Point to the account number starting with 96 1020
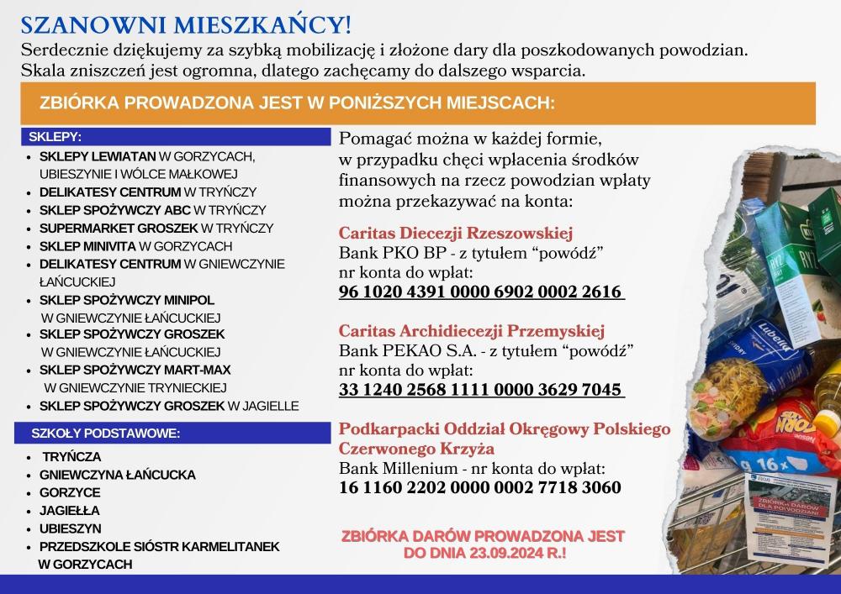click(x=481, y=292)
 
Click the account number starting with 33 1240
click(x=481, y=390)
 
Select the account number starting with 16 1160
click(x=480, y=487)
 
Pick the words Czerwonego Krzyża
click(x=416, y=449)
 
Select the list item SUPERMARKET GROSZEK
click(x=119, y=228)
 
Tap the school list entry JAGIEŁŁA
click(x=69, y=510)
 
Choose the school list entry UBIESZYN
click(x=70, y=528)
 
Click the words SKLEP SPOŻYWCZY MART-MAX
click(x=135, y=370)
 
